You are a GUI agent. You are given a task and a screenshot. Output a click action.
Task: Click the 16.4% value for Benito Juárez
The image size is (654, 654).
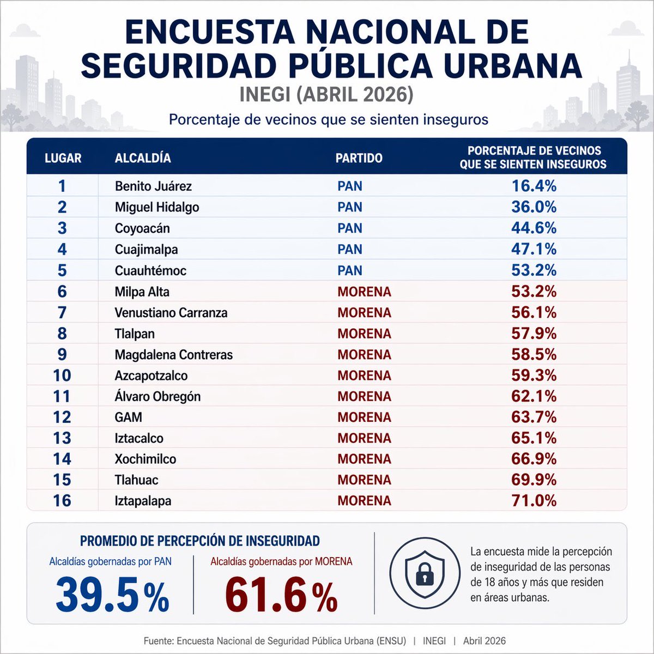click(534, 186)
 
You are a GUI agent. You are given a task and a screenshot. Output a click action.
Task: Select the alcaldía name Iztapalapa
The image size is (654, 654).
click(143, 501)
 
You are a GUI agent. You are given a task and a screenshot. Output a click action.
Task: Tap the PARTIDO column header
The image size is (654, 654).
click(359, 158)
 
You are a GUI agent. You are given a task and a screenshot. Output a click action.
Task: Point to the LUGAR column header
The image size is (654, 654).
click(63, 158)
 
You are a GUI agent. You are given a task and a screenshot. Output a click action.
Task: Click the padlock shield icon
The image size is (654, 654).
click(425, 572)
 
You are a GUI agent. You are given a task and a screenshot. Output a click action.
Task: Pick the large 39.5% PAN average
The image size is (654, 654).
click(112, 595)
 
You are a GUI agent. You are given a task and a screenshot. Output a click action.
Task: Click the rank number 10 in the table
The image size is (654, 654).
click(62, 376)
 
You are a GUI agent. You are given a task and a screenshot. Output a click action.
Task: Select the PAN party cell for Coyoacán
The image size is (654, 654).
click(349, 228)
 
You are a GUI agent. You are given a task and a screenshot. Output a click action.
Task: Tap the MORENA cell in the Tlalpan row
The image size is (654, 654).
click(364, 334)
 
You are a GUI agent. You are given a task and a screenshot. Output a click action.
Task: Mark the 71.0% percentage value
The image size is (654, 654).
click(534, 501)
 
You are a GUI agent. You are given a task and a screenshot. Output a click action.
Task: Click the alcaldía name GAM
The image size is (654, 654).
click(128, 417)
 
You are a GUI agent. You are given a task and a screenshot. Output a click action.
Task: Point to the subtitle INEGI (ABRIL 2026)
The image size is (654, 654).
click(326, 95)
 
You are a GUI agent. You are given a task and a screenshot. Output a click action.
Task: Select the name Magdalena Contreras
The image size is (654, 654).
click(173, 355)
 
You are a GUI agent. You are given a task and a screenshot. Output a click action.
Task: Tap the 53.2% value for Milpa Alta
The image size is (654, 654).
click(534, 292)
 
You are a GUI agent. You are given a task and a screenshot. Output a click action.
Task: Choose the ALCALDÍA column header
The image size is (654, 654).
click(143, 158)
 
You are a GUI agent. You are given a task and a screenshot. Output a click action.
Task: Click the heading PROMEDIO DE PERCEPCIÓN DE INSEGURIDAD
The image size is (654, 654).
click(199, 541)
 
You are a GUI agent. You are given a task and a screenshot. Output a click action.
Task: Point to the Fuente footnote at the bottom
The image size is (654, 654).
click(325, 641)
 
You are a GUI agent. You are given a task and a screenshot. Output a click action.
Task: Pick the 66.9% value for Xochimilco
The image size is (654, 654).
click(534, 459)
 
